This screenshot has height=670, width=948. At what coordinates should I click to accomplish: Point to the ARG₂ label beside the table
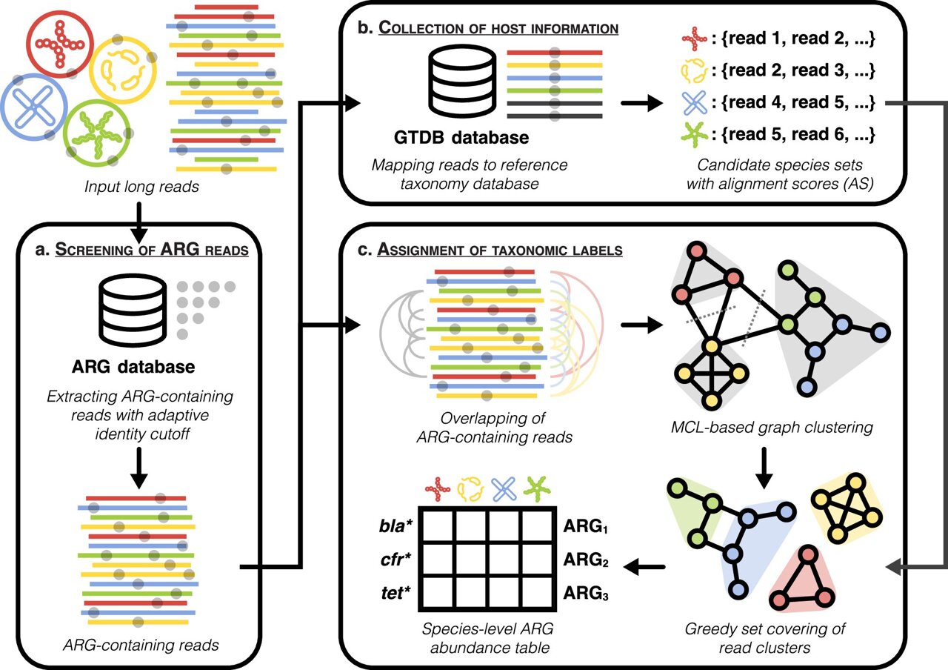(586, 563)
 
